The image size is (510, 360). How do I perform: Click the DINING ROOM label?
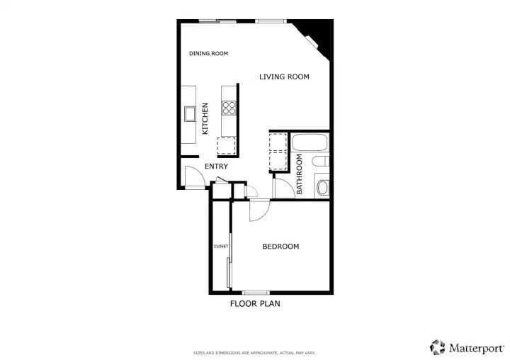pyautogui.click(x=208, y=53)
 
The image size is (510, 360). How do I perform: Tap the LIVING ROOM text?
pyautogui.click(x=284, y=77)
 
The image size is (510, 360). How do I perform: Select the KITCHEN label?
pyautogui.click(x=205, y=118)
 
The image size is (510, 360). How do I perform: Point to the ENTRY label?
pyautogui.click(x=216, y=167)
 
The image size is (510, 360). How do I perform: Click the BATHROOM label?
pyautogui.click(x=300, y=174)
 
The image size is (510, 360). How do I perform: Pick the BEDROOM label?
pyautogui.click(x=280, y=247)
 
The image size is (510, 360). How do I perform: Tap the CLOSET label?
pyautogui.click(x=221, y=247)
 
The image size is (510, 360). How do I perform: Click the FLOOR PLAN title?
pyautogui.click(x=255, y=304)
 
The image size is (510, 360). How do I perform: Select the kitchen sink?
pyautogui.click(x=190, y=114)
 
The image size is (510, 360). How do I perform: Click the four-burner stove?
pyautogui.click(x=229, y=108)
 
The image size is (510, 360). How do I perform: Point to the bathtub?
pyautogui.click(x=310, y=142)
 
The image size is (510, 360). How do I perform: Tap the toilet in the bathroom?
pyautogui.click(x=321, y=161)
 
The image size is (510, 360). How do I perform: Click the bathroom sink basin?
pyautogui.click(x=323, y=188)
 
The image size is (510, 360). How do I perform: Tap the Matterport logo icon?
pyautogui.click(x=438, y=347)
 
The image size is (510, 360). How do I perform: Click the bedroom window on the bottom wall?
pyautogui.click(x=256, y=293)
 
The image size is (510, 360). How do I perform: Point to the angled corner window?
pyautogui.click(x=311, y=42)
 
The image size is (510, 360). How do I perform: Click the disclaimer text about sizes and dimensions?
pyautogui.click(x=254, y=353)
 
